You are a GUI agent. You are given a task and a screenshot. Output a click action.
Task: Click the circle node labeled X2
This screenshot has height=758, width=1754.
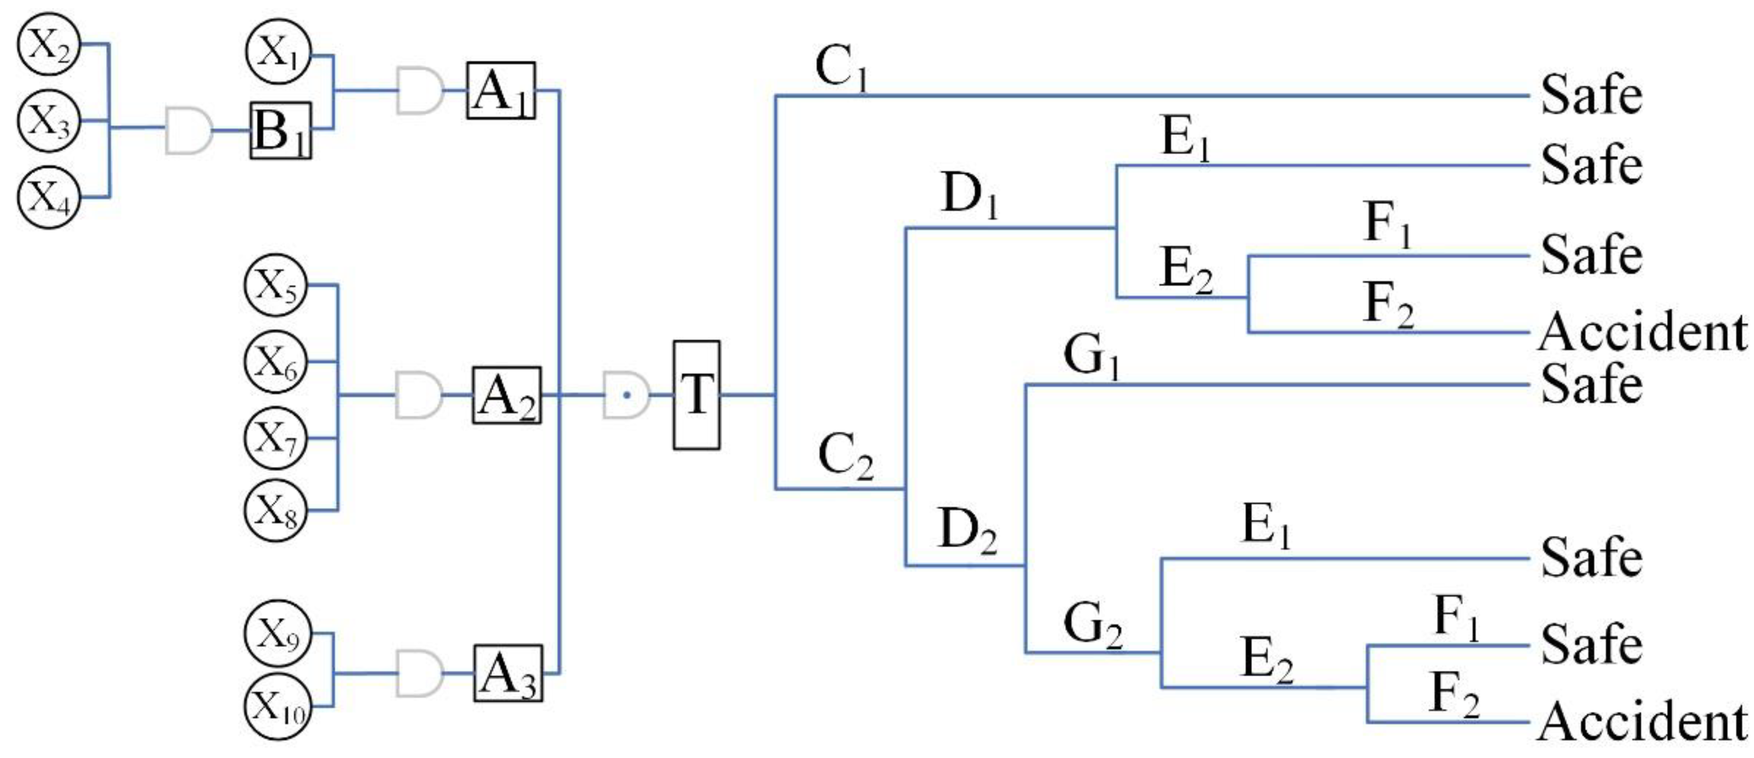48,45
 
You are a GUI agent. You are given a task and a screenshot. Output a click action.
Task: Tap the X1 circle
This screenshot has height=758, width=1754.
277,52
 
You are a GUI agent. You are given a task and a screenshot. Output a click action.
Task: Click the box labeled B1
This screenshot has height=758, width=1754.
281,131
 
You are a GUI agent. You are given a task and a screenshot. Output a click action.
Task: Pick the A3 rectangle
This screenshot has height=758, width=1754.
508,673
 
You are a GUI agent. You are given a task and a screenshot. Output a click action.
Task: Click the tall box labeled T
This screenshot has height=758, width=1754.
696,395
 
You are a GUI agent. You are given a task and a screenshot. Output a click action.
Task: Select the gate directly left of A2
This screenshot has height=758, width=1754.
419,395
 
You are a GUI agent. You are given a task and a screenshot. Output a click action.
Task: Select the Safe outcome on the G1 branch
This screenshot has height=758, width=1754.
1591,385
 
